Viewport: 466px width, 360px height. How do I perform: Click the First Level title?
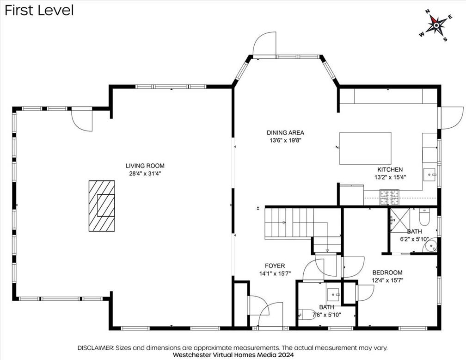tap(39, 10)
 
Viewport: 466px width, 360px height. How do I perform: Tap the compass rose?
tap(436, 25)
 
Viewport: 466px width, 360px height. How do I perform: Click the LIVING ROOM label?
tap(145, 166)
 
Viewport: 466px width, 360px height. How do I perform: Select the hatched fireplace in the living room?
tap(102, 206)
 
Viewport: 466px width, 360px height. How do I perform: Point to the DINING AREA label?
tap(285, 133)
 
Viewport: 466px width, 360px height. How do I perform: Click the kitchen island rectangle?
tap(365, 149)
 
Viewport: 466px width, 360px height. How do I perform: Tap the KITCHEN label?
tap(390, 169)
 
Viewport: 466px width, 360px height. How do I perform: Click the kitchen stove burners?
tap(389, 197)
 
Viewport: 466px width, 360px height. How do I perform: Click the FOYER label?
tap(275, 266)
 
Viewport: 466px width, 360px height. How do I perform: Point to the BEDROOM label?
tap(387, 273)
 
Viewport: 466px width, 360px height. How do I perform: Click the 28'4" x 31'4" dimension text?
tap(145, 174)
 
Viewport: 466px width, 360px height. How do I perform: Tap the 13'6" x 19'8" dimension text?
tap(285, 140)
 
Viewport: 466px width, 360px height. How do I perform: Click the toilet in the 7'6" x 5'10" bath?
tap(307, 315)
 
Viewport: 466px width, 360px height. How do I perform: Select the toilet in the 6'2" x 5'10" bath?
tap(424, 217)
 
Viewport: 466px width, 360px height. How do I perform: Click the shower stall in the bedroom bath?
tap(400, 220)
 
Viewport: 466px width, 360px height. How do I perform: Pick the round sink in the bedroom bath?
tap(431, 245)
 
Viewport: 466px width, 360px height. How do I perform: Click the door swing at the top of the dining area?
tap(264, 43)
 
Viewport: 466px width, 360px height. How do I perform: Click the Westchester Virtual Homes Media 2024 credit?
tap(233, 354)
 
